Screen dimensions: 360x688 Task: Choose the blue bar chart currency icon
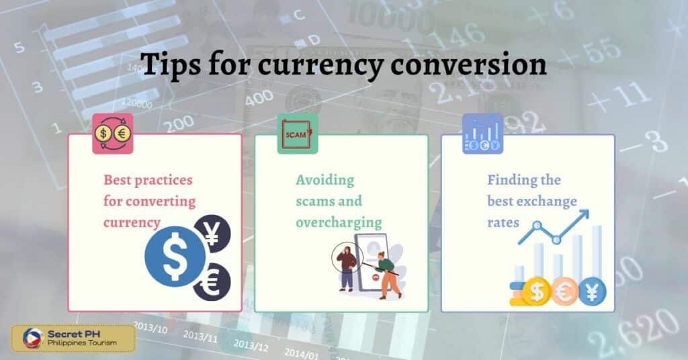click(x=482, y=134)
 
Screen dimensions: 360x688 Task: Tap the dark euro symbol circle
click(x=211, y=282)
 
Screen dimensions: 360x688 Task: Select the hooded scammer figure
click(x=347, y=267)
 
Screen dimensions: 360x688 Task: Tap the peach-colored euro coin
click(x=564, y=292)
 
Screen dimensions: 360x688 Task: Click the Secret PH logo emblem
click(x=32, y=338)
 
